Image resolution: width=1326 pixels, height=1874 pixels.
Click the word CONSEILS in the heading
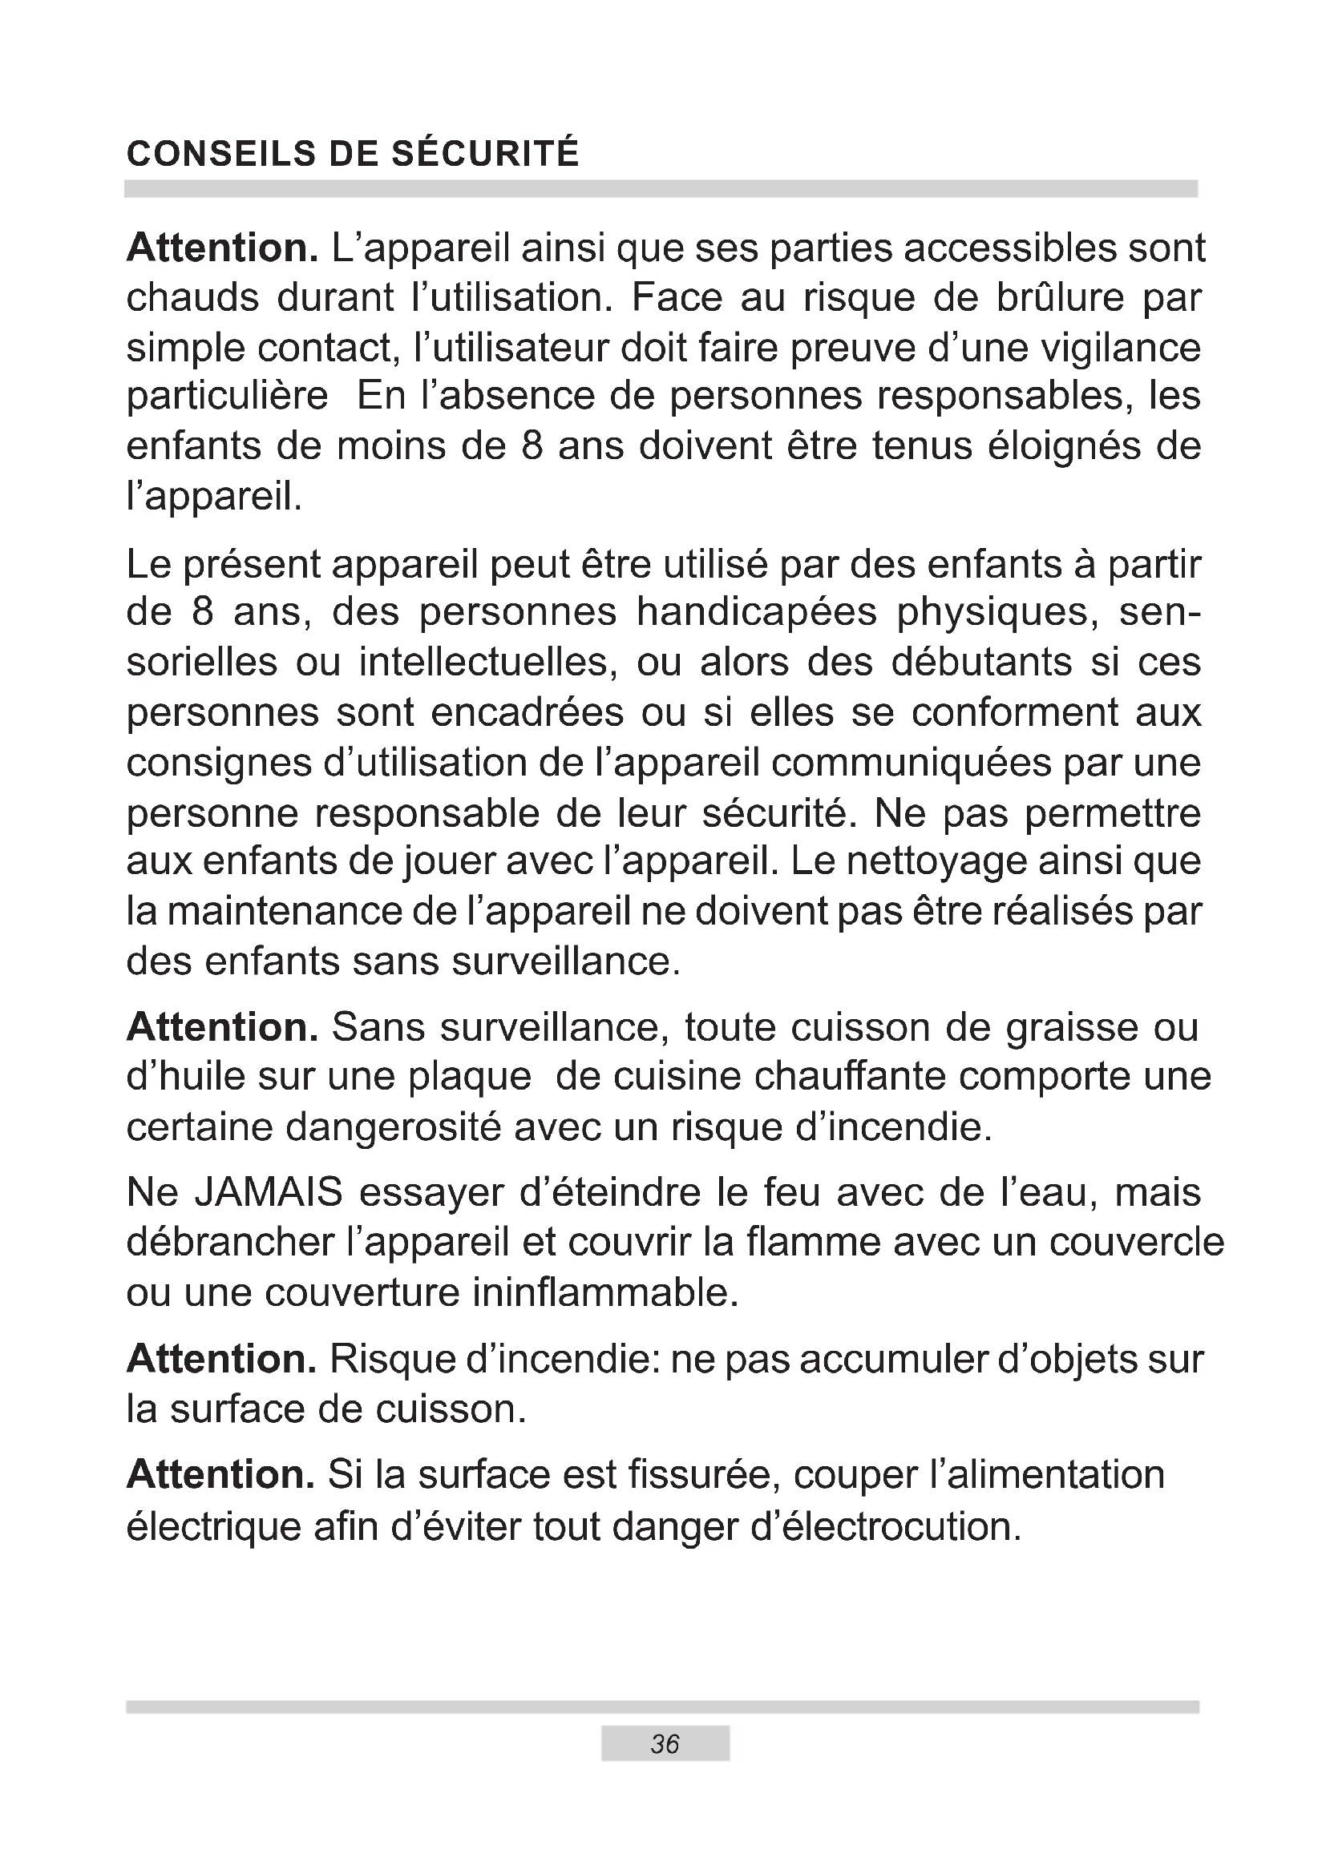point(220,154)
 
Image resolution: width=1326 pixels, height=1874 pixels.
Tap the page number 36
point(665,1743)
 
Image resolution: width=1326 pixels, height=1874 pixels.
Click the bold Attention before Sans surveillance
point(222,1027)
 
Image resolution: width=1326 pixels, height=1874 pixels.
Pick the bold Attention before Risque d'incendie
point(221,1359)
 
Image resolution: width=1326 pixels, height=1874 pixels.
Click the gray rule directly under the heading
point(661,188)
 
